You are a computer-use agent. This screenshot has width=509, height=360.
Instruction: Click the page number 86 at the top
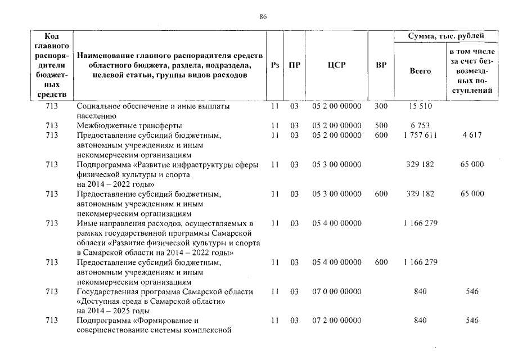(x=263, y=17)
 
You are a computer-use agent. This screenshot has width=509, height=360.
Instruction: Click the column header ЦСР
(x=336, y=65)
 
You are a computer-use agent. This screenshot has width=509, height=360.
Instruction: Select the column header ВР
(x=381, y=65)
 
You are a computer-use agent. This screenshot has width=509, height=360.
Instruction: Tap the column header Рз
(x=275, y=65)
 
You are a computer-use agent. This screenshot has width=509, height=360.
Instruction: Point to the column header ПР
(x=294, y=65)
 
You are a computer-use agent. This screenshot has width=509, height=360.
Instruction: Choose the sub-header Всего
(x=420, y=71)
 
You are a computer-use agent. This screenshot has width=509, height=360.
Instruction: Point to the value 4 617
(x=472, y=136)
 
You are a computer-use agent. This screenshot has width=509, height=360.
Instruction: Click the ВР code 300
(x=381, y=106)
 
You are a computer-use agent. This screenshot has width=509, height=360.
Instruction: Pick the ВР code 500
(x=381, y=125)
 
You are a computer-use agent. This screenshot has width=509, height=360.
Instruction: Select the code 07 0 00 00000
(x=336, y=291)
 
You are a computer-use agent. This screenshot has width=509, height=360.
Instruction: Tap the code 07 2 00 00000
(x=336, y=321)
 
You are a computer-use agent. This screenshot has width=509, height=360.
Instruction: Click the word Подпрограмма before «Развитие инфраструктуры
(x=103, y=165)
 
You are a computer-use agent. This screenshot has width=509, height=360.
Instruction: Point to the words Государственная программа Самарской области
(x=164, y=291)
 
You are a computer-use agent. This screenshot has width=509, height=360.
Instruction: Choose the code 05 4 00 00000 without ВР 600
(x=336, y=223)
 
